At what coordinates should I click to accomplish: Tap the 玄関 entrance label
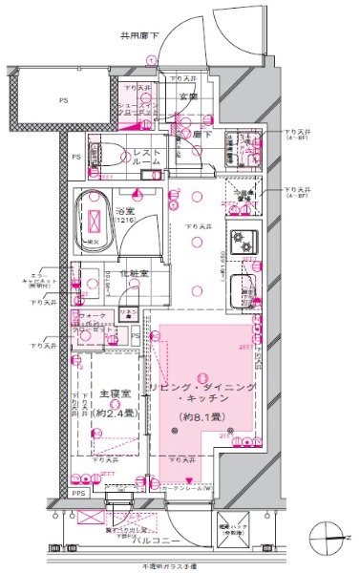(186, 95)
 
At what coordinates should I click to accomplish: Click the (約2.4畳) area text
(112, 415)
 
